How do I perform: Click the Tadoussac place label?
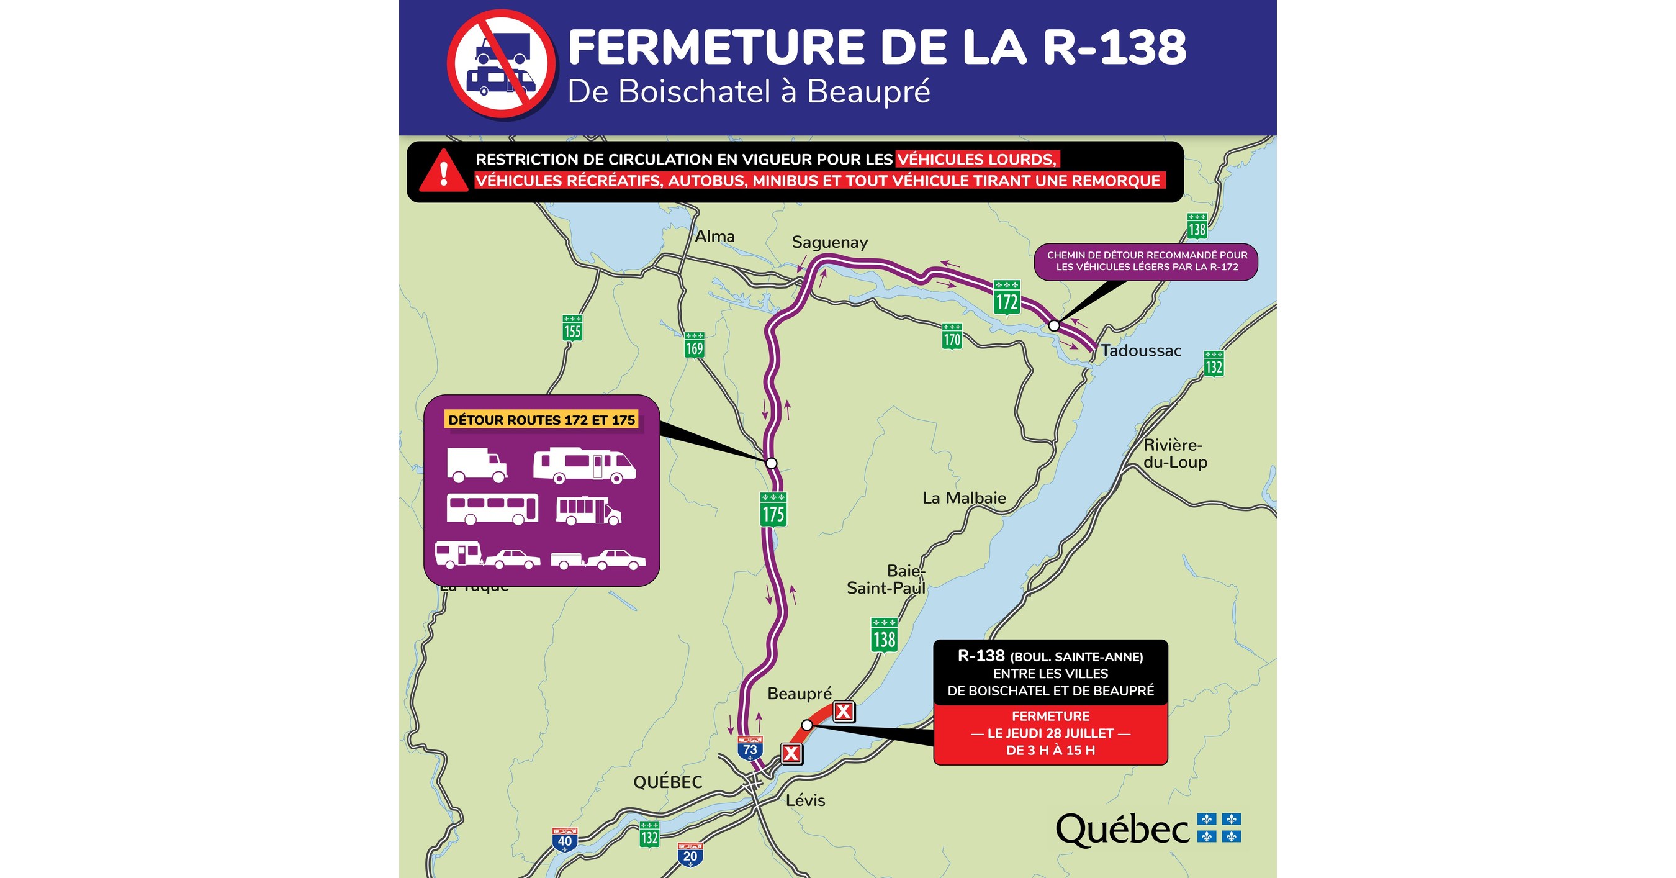1140,350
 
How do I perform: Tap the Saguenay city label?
829,242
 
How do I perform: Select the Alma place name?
714,236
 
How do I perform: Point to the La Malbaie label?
963,498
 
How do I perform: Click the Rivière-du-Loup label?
1175,454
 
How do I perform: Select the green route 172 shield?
1006,297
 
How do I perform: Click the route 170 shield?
951,336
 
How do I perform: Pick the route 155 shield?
572,327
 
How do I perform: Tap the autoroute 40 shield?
564,840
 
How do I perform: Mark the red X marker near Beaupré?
843,712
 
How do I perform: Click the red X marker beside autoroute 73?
791,754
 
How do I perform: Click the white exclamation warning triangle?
443,173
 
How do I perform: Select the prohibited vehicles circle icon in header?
501,64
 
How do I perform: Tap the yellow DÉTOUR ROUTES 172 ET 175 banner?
541,420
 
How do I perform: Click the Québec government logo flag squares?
1219,827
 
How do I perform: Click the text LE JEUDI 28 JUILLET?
1050,733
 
